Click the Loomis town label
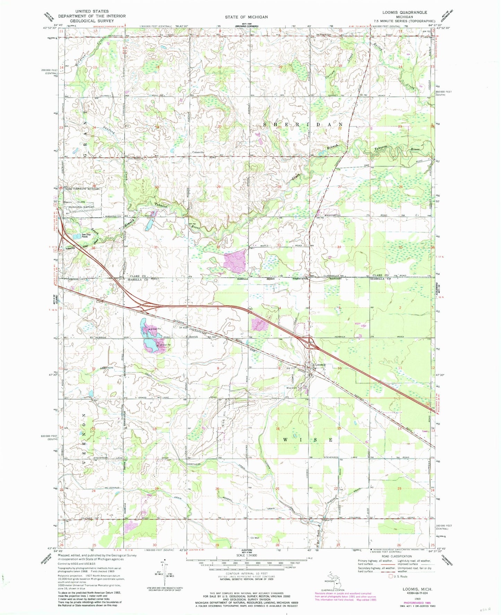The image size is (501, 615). [321, 365]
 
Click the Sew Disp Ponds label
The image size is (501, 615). [87, 236]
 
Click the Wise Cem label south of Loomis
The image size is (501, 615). [291, 388]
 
